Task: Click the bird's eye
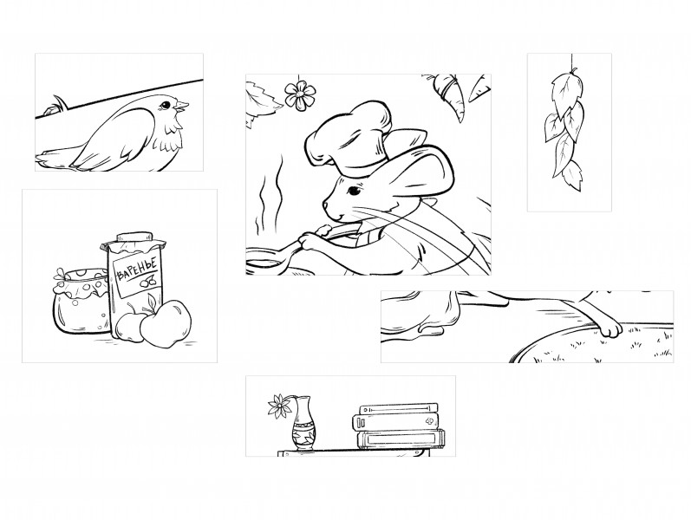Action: pos(166,105)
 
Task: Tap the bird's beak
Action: pos(182,106)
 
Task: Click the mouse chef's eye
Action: pos(354,191)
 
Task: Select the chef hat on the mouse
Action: pos(349,138)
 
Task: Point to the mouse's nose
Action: pos(325,205)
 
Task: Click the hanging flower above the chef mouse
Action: pos(300,95)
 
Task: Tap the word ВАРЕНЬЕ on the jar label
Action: pos(136,270)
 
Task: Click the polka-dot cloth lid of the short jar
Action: pos(81,283)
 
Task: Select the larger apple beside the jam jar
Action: pos(166,324)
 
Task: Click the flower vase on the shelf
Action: pos(303,424)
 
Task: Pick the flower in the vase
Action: pos(277,406)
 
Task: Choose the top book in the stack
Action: pos(399,408)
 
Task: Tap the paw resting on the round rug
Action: pos(609,328)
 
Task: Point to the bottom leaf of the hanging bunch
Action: pos(573,175)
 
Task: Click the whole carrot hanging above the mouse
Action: pos(450,95)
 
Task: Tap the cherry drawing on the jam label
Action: pos(147,281)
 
